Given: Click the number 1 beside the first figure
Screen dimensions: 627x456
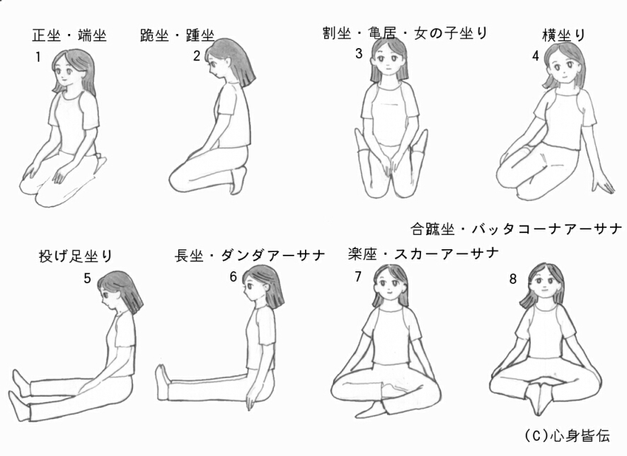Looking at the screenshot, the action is coord(38,57).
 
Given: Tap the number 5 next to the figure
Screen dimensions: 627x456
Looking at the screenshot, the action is coord(87,278).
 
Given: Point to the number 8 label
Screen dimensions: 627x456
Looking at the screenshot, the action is coord(513,279).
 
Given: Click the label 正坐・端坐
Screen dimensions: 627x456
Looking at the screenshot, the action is coord(69,35).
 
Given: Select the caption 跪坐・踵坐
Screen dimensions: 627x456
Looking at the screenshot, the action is coord(177,35).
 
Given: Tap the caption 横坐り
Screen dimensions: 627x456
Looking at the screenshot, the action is coord(564,35).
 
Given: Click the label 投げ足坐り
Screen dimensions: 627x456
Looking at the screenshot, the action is coord(76,256).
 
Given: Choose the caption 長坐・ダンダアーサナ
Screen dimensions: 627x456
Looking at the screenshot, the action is coord(250,255).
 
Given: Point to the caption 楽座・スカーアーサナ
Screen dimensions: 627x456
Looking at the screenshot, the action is coord(423,253).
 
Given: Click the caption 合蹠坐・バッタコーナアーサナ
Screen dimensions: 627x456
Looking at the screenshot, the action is coord(516,229).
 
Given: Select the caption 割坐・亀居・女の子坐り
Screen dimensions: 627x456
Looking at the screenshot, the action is coord(405,33).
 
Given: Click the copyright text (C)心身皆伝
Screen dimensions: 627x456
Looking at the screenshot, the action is coord(568,435).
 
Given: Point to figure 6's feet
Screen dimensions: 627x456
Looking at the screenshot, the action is coord(162,382).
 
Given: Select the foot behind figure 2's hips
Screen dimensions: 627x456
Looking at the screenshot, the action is coord(238,181).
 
